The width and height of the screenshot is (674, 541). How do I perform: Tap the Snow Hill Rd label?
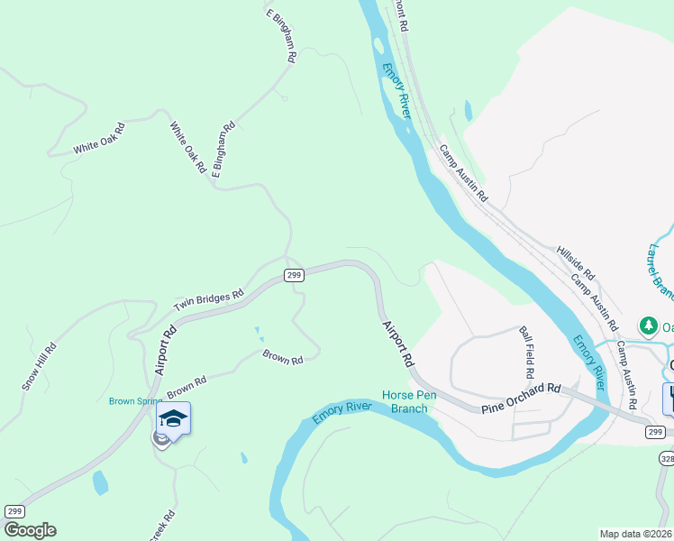coord(40,365)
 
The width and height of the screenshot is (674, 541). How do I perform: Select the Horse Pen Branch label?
coord(409,401)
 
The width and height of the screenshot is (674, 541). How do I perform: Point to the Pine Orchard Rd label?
coord(521,396)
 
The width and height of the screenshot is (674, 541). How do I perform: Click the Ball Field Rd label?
coord(527,353)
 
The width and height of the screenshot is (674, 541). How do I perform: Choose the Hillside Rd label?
coord(576,261)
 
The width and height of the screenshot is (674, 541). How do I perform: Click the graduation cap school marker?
coord(174,417)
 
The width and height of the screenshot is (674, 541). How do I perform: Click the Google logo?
coord(30,530)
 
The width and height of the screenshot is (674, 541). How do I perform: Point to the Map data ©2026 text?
coord(635,534)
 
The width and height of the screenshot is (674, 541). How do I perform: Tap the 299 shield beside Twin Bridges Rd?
coord(293,275)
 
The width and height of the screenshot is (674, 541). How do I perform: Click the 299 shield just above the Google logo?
coord(14,511)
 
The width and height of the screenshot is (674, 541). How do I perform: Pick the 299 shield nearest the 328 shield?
coord(656,433)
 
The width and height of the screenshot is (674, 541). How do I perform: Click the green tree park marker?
coord(646,325)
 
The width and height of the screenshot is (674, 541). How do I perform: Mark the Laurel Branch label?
coord(661,261)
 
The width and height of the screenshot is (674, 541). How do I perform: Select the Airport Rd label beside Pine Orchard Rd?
coord(397,344)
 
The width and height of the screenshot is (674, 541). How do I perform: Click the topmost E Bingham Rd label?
coord(281,35)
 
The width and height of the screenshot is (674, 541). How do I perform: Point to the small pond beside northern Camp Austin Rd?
coord(468,111)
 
